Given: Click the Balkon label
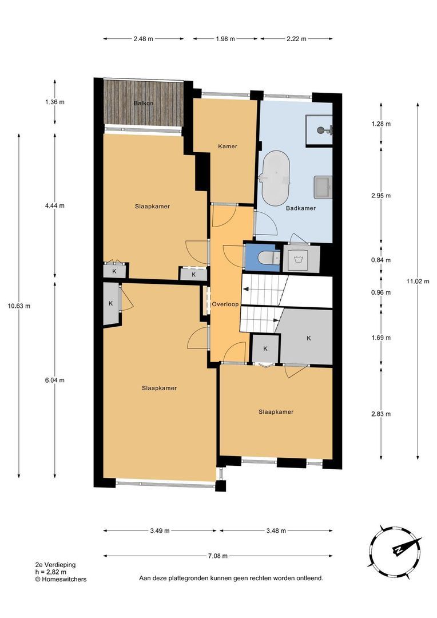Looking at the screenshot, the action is (144, 103).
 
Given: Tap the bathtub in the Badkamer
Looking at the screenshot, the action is (276, 178).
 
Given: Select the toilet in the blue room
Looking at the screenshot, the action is (269, 257).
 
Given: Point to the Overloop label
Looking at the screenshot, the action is (225, 304).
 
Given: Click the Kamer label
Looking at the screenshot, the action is (228, 146).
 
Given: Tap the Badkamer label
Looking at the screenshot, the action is (301, 208).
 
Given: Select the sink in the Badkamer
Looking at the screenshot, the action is (323, 187).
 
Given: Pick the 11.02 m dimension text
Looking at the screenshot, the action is (418, 282).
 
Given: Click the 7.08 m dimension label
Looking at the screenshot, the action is (218, 556).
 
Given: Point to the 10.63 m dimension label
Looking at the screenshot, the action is (19, 306).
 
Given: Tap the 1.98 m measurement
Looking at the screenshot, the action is (225, 39).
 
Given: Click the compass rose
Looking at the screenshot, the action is (396, 551).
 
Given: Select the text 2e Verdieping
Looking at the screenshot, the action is (55, 565).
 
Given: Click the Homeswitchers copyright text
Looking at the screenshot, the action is (61, 579).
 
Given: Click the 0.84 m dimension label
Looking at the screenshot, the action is (381, 260).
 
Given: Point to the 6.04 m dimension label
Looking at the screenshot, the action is (55, 381).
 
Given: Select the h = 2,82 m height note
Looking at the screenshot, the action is (51, 572).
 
